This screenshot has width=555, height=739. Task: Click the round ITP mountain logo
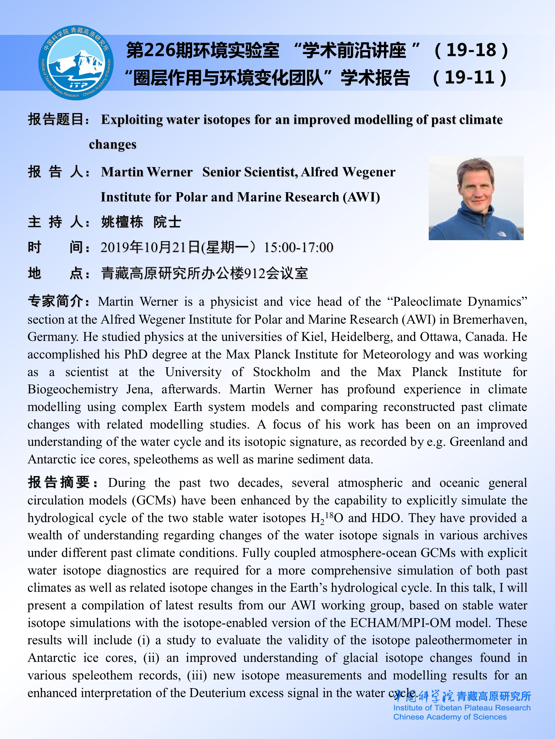click(x=76, y=63)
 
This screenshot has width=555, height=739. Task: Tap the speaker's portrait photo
click(x=476, y=198)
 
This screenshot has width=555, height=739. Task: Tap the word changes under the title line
click(x=113, y=144)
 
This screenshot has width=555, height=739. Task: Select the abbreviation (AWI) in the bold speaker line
click(x=361, y=197)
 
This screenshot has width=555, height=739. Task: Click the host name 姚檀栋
click(x=122, y=222)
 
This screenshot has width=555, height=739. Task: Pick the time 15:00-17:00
click(x=299, y=248)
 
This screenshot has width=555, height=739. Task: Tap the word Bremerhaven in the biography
click(x=490, y=319)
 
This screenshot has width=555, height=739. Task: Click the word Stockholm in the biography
click(x=281, y=372)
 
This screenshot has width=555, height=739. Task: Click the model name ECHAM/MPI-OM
click(x=401, y=623)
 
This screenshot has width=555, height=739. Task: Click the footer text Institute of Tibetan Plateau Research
click(x=462, y=708)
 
